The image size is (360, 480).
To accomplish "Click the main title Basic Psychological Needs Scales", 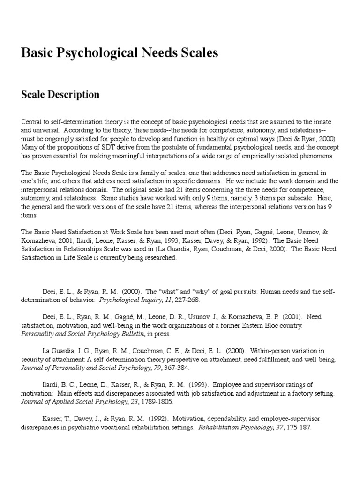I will click(120, 53).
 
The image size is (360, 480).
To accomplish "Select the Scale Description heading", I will click(60, 95).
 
